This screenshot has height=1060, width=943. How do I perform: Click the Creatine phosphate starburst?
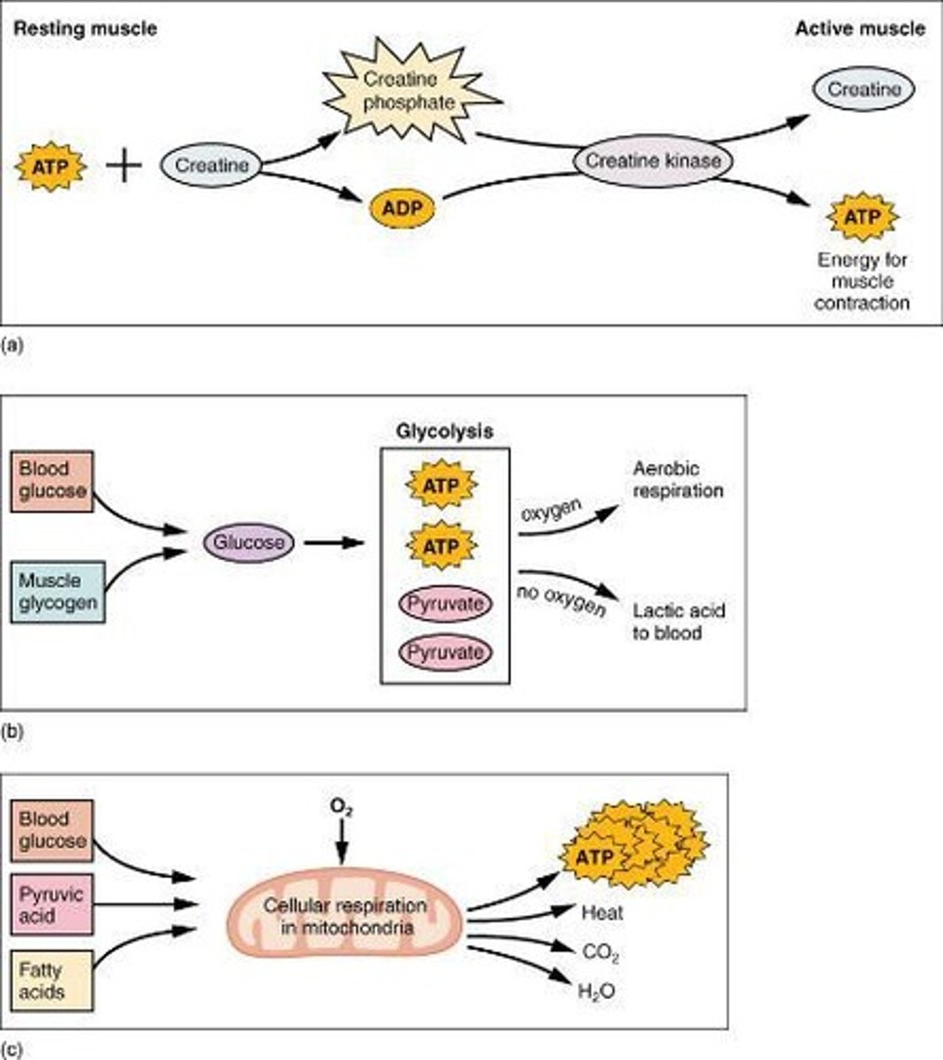tap(410, 92)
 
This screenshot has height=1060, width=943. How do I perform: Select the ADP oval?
tap(403, 208)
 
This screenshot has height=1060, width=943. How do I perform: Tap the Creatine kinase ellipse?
tap(653, 161)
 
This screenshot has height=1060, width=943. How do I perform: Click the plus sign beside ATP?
tap(124, 165)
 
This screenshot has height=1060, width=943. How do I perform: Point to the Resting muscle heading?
tap(86, 28)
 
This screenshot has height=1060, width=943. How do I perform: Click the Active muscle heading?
tap(860, 28)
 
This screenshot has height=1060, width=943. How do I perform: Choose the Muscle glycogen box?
tap(57, 592)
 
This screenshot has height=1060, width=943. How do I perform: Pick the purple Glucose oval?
tap(249, 542)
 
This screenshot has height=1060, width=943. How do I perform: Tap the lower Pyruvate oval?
tap(445, 653)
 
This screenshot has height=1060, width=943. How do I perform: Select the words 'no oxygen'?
tap(562, 601)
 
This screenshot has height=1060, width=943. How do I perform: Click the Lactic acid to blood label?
tap(678, 622)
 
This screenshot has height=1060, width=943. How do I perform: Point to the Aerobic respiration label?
tap(678, 480)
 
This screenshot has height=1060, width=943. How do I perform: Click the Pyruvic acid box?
tap(52, 905)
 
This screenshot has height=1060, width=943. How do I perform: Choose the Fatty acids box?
tap(52, 980)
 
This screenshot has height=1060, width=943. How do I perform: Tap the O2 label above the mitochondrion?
tap(342, 808)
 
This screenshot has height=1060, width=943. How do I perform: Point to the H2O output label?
tap(596, 991)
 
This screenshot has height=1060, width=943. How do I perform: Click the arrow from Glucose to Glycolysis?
tap(334, 542)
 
